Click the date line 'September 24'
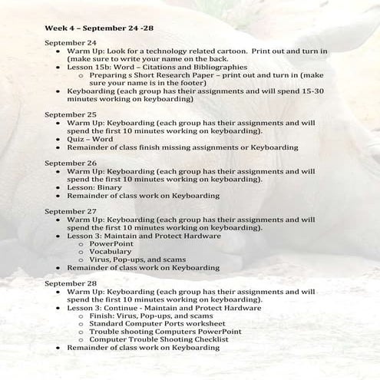click(x=71, y=42)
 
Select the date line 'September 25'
click(x=71, y=114)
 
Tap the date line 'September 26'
click(x=71, y=164)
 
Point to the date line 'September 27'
click(x=71, y=210)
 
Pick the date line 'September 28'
click(x=71, y=283)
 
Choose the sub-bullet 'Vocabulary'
click(x=110, y=251)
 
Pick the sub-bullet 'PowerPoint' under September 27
click(x=111, y=243)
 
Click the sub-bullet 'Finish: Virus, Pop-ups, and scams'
click(x=150, y=316)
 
